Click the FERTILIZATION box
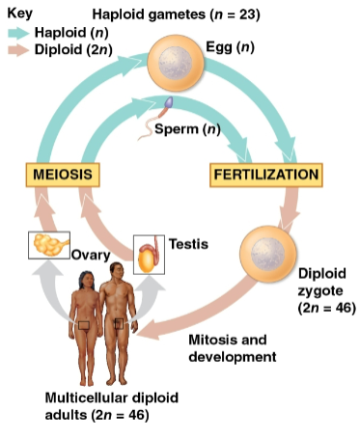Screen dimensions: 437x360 pos(265,175)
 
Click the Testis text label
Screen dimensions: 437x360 pos(188,244)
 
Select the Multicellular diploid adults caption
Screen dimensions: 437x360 pos(99,406)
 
